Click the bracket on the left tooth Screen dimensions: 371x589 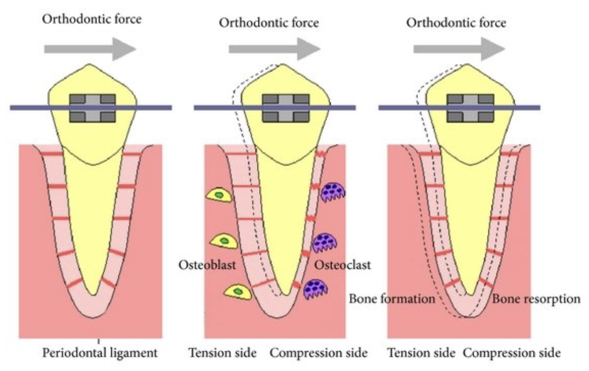(92, 108)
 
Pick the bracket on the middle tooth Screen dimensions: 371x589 (285, 108)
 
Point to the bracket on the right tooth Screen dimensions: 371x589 (470, 108)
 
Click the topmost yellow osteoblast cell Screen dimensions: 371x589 (219, 195)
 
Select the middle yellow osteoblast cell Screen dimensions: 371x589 (222, 241)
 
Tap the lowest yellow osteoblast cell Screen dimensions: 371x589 (236, 292)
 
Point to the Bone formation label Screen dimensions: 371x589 (392, 299)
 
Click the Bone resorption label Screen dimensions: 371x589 (536, 299)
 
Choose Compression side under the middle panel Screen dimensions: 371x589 (318, 353)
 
